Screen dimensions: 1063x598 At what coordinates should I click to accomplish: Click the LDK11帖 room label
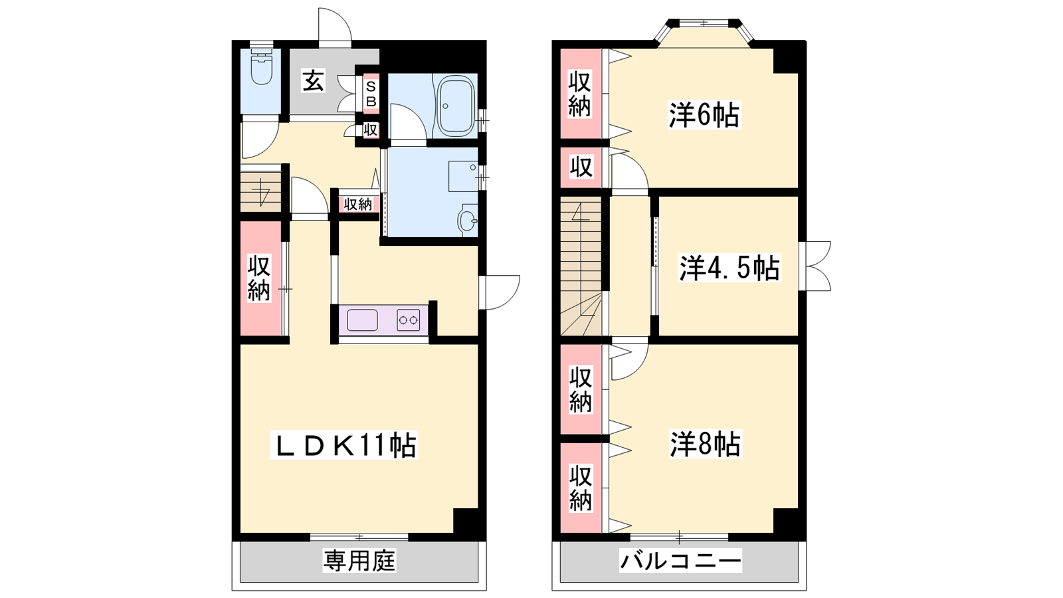(x=344, y=445)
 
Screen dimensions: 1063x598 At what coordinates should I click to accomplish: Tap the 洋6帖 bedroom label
(x=704, y=115)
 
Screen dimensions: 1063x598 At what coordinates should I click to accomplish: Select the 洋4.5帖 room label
(x=730, y=268)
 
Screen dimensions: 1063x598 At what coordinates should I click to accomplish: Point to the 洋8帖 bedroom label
(x=705, y=445)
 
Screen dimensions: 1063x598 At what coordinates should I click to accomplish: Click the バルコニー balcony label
(x=680, y=561)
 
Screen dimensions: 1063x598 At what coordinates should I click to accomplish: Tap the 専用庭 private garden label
(x=359, y=561)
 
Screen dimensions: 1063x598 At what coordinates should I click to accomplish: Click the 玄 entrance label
(x=314, y=80)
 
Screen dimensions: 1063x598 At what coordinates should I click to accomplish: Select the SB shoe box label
(x=371, y=94)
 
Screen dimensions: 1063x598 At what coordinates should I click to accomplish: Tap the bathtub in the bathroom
(x=456, y=106)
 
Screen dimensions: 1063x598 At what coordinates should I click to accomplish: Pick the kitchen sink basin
(x=362, y=320)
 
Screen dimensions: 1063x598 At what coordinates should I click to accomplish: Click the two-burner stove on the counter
(x=408, y=320)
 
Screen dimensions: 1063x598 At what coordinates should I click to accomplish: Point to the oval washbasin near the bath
(x=468, y=221)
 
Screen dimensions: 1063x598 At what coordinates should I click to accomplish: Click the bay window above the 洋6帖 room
(x=704, y=31)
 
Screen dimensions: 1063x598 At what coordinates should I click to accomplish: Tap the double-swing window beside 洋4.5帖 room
(x=815, y=266)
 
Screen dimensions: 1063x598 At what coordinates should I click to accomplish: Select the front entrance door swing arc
(x=335, y=27)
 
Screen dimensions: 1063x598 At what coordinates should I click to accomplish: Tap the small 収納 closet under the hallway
(x=358, y=205)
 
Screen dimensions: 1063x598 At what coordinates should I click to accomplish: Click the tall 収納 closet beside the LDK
(x=259, y=278)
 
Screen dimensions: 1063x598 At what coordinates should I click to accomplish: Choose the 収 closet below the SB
(x=371, y=130)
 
